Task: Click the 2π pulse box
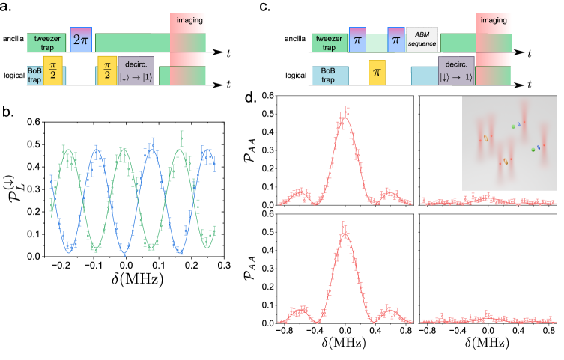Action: [81, 40]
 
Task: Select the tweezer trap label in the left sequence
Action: [46, 43]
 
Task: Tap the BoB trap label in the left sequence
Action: [34, 75]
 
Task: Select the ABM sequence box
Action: [422, 39]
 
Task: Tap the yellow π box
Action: [377, 73]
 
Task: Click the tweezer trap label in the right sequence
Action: [329, 43]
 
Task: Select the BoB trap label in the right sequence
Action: [327, 75]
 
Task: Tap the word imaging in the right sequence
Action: [493, 20]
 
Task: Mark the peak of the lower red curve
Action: [345, 233]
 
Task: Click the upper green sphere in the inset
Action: [513, 127]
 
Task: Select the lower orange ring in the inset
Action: [505, 161]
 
